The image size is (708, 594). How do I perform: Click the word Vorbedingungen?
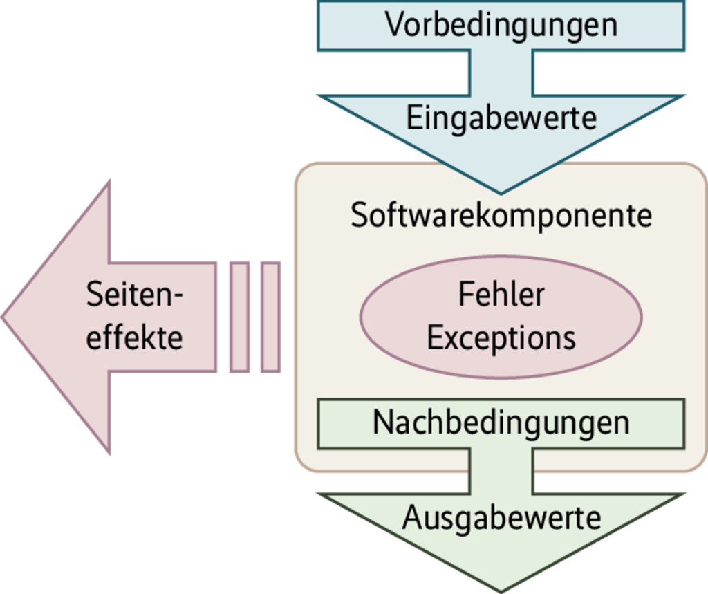click(501, 25)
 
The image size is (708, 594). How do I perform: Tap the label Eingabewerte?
click(501, 118)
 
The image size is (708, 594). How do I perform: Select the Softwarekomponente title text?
click(501, 215)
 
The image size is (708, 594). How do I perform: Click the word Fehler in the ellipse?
click(501, 295)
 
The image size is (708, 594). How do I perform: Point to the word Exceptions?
click(501, 338)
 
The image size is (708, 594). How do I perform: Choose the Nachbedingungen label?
click(501, 423)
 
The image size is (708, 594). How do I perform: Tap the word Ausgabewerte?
click(501, 517)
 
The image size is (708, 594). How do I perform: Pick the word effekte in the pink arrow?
click(135, 338)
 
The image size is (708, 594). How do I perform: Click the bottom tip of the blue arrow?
click(501, 191)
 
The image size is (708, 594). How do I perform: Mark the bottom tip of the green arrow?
click(501, 589)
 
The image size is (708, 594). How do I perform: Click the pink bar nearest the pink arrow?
click(239, 317)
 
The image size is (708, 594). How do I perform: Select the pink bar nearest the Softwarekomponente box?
click(270, 317)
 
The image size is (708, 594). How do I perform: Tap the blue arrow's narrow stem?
click(501, 73)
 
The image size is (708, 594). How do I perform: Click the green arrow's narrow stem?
click(501, 471)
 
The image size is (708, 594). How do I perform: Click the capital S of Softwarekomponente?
click(358, 216)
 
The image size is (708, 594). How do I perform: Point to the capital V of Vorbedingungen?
click(393, 25)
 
